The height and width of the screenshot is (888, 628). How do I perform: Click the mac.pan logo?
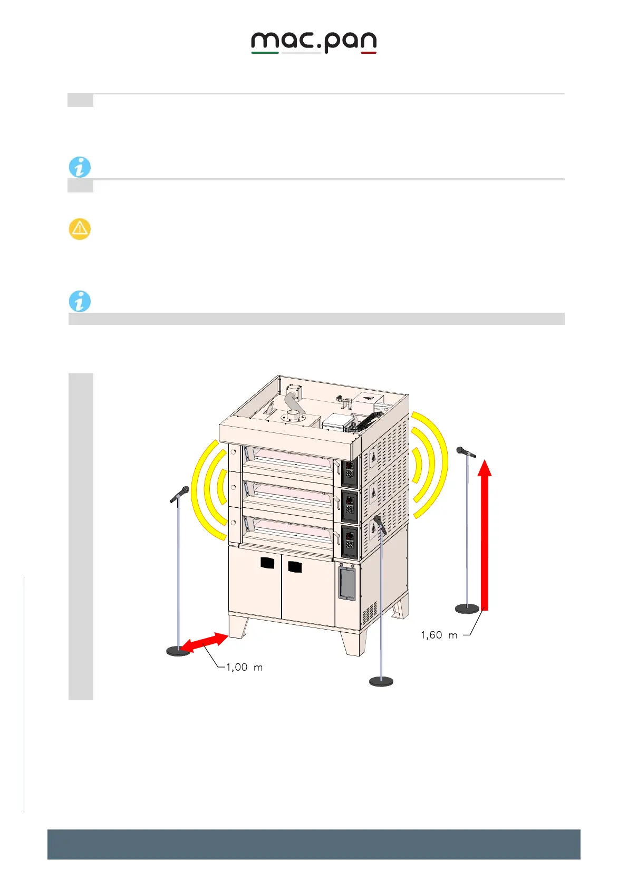(314, 43)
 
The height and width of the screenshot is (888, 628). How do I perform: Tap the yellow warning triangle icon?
(80, 229)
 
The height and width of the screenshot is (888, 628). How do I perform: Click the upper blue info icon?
(80, 167)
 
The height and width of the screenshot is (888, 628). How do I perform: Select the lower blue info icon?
(80, 301)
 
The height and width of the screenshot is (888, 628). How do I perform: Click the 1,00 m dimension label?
(244, 667)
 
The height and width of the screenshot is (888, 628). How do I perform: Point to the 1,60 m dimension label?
(439, 635)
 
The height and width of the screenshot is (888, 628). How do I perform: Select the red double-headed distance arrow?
(204, 642)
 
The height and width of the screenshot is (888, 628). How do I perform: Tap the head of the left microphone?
(181, 493)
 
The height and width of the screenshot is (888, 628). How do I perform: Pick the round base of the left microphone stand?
(178, 651)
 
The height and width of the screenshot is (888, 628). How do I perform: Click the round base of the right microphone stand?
(467, 609)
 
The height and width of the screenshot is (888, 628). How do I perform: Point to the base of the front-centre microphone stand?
(381, 681)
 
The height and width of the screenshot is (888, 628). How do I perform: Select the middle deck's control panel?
(349, 506)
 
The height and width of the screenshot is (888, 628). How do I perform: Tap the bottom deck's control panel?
(349, 540)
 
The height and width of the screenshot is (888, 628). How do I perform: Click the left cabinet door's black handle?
(268, 563)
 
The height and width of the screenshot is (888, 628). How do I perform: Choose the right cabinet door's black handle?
(295, 567)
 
